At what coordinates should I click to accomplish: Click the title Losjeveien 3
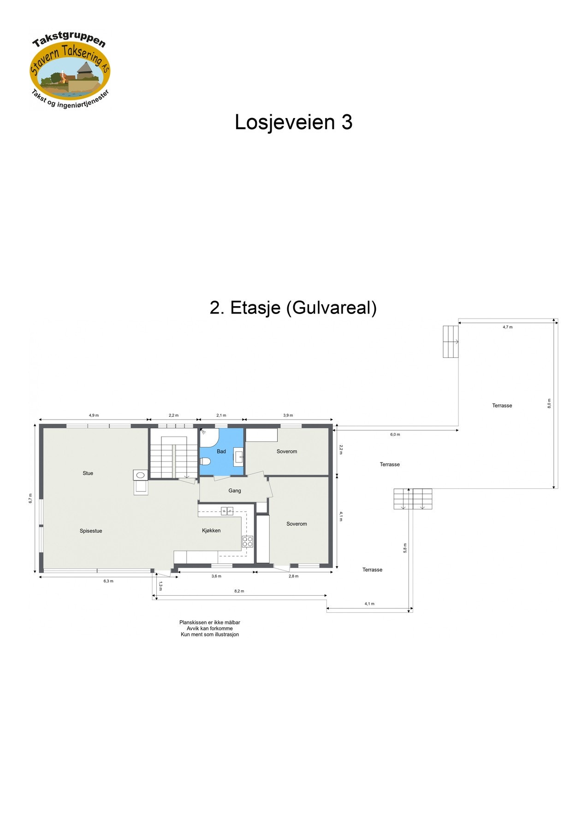point(293,122)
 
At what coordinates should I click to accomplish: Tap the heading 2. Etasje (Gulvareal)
point(293,308)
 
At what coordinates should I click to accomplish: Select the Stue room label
point(88,473)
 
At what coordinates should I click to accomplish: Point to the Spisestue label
point(91,531)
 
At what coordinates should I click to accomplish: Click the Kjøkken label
point(211,530)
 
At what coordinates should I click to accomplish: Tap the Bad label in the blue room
point(221,451)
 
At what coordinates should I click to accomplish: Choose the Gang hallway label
point(235,491)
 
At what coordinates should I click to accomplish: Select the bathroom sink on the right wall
point(238,457)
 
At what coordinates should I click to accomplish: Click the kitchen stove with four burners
point(248,541)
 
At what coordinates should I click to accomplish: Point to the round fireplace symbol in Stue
point(141,475)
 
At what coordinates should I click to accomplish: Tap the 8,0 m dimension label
point(549,403)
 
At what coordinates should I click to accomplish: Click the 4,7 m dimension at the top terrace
point(507,327)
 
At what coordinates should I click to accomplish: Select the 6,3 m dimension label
point(108,581)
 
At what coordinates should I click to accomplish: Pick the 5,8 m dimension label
point(405,548)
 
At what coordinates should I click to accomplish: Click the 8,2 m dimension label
point(239,591)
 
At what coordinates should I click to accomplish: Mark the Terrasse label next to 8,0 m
point(502,406)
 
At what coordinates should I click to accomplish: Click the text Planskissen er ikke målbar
point(210,622)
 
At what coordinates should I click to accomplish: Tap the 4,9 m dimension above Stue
point(94,415)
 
